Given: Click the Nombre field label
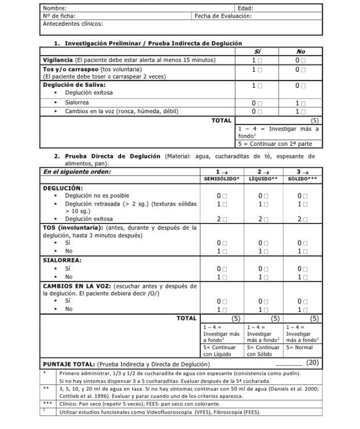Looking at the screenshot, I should pos(55,9).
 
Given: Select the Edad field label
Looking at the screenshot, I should pos(245,9).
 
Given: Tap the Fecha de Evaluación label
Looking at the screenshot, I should pos(223,16).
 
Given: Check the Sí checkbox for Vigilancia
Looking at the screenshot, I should pos(260,60).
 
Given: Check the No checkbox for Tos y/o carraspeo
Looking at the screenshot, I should pos(302,69).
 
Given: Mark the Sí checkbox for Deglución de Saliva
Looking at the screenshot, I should pos(260,84).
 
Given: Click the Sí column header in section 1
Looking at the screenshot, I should pos(256,51).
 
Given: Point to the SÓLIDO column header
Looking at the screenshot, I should pos(304,179).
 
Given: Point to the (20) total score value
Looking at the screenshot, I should pos(312,362).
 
